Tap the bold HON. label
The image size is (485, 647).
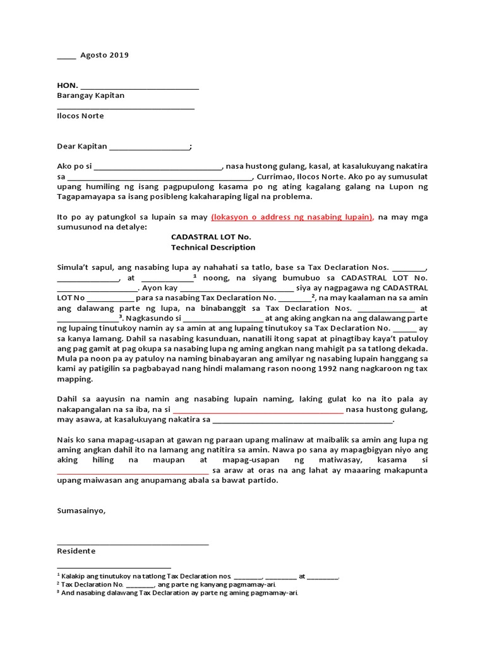click(x=68, y=85)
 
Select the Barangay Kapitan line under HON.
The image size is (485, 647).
click(x=90, y=95)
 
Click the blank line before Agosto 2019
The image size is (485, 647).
click(x=66, y=56)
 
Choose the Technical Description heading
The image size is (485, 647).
click(x=213, y=247)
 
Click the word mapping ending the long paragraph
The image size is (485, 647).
click(x=75, y=380)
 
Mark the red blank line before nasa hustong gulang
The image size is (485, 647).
click(x=258, y=410)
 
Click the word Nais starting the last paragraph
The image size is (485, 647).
click(x=66, y=440)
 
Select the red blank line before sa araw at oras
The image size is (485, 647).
click(x=133, y=471)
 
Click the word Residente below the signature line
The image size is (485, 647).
click(x=76, y=551)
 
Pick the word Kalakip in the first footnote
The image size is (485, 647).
click(x=75, y=576)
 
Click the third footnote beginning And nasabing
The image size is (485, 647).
click(x=179, y=593)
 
